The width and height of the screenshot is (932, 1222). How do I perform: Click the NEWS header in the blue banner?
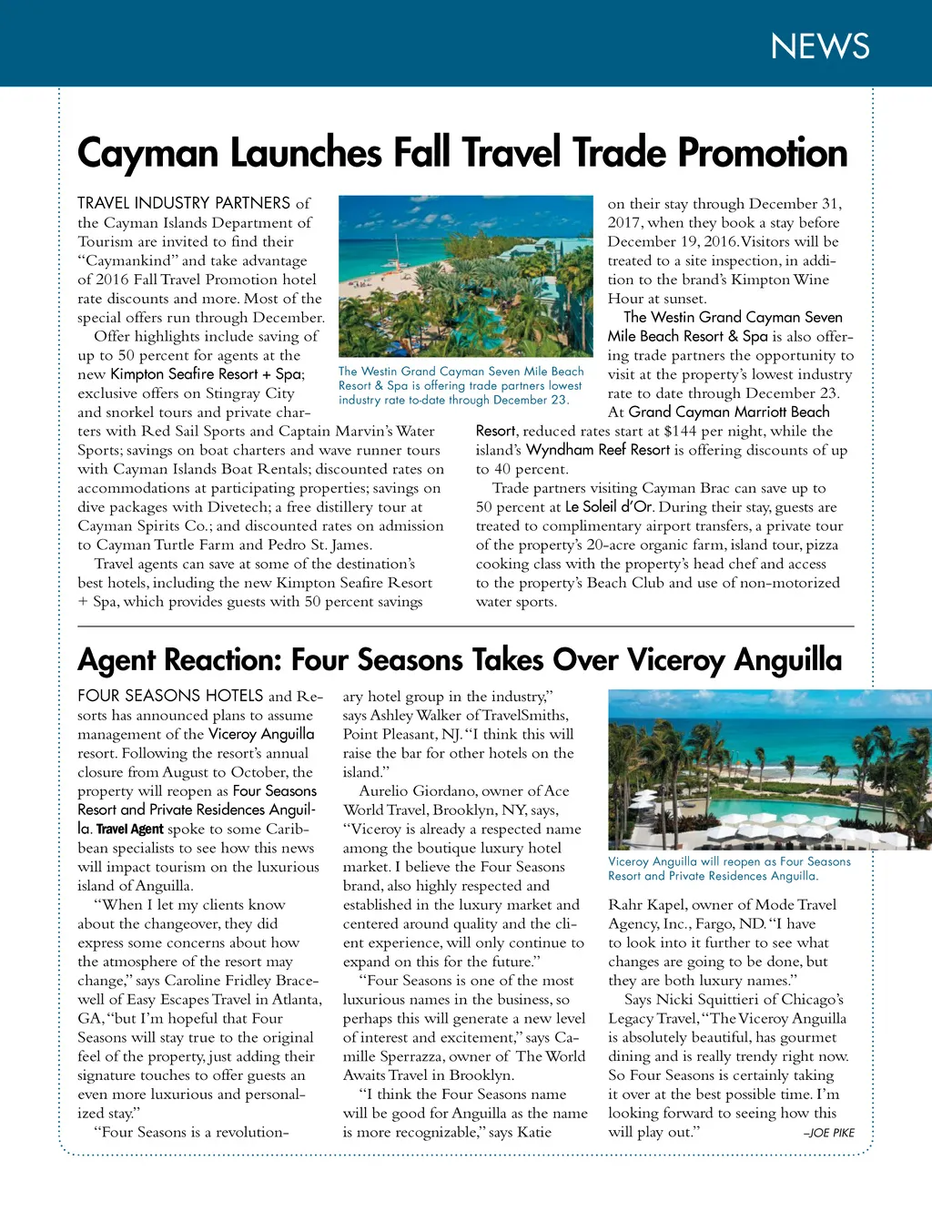point(819,46)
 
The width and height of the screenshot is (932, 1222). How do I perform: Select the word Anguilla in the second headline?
point(788,659)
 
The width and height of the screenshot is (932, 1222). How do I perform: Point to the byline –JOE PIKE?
point(828,1134)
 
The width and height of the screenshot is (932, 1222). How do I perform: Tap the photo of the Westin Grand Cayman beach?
point(465,276)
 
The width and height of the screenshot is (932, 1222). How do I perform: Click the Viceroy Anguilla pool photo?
point(769,769)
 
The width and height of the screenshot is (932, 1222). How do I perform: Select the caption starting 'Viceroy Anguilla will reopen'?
point(729,869)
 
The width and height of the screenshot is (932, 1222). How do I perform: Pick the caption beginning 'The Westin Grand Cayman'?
point(461,385)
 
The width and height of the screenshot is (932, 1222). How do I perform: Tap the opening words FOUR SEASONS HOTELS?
point(170,696)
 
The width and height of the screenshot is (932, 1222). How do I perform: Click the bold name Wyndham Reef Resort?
point(598,450)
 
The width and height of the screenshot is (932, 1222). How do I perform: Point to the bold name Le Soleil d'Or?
point(609,507)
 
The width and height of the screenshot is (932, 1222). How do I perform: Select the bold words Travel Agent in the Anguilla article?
point(129,829)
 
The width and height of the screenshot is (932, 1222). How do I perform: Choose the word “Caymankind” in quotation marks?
point(127,260)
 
